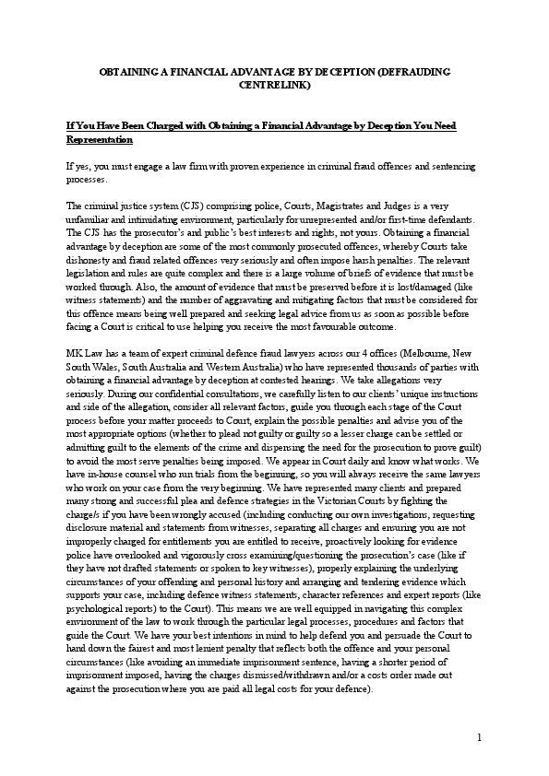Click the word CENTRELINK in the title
click(x=274, y=86)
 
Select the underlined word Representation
click(x=101, y=140)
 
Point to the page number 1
click(x=480, y=737)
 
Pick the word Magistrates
click(x=324, y=205)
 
